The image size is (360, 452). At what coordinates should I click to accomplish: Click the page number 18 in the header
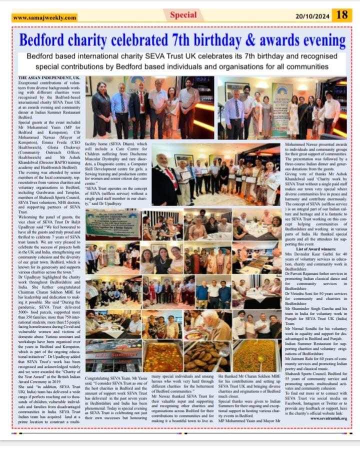point(342,14)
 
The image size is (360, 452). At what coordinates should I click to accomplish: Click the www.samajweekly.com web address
point(44,17)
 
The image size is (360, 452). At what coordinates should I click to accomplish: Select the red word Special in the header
point(183,14)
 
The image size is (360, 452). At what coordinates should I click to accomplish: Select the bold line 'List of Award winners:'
point(296,248)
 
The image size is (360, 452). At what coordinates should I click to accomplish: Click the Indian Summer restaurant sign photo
point(113,356)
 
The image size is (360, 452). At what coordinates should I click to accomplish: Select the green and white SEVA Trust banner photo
point(112,225)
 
